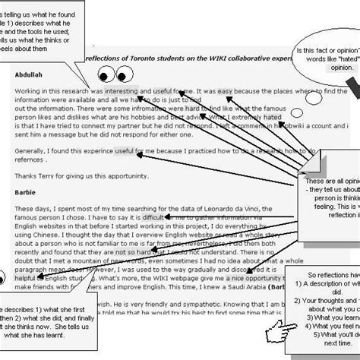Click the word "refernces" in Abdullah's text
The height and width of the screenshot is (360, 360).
pos(36,161)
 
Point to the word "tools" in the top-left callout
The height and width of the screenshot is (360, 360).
pos(56,31)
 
